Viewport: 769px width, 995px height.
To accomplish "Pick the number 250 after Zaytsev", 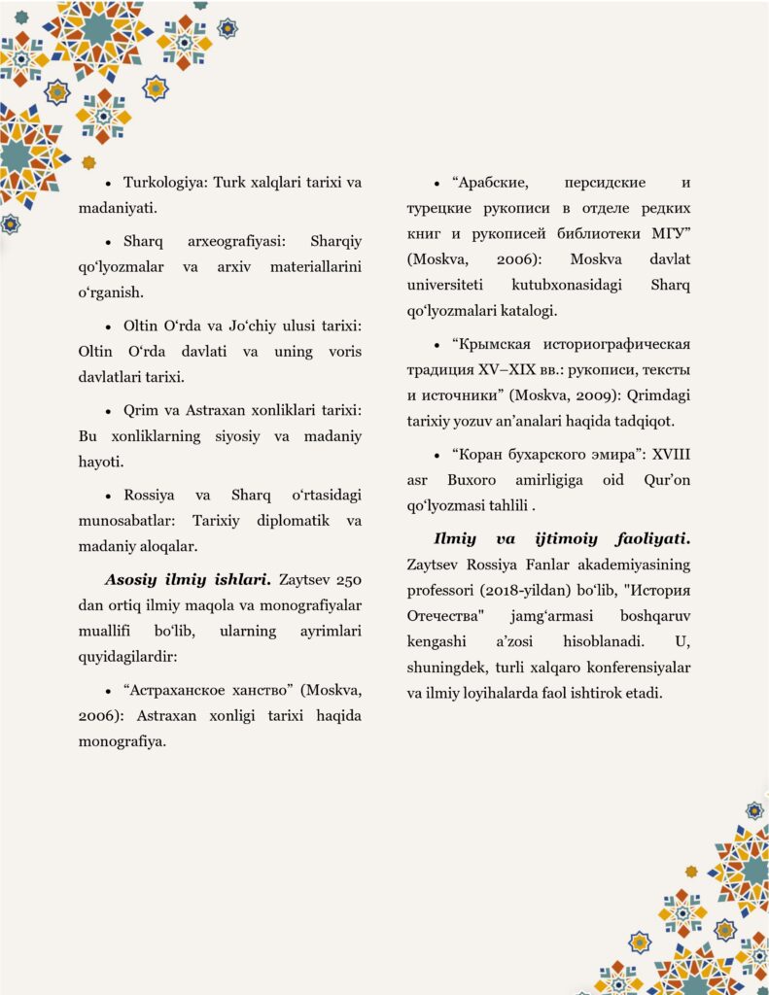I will tap(347, 581).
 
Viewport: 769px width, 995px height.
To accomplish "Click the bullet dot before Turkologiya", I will tap(110, 184).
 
